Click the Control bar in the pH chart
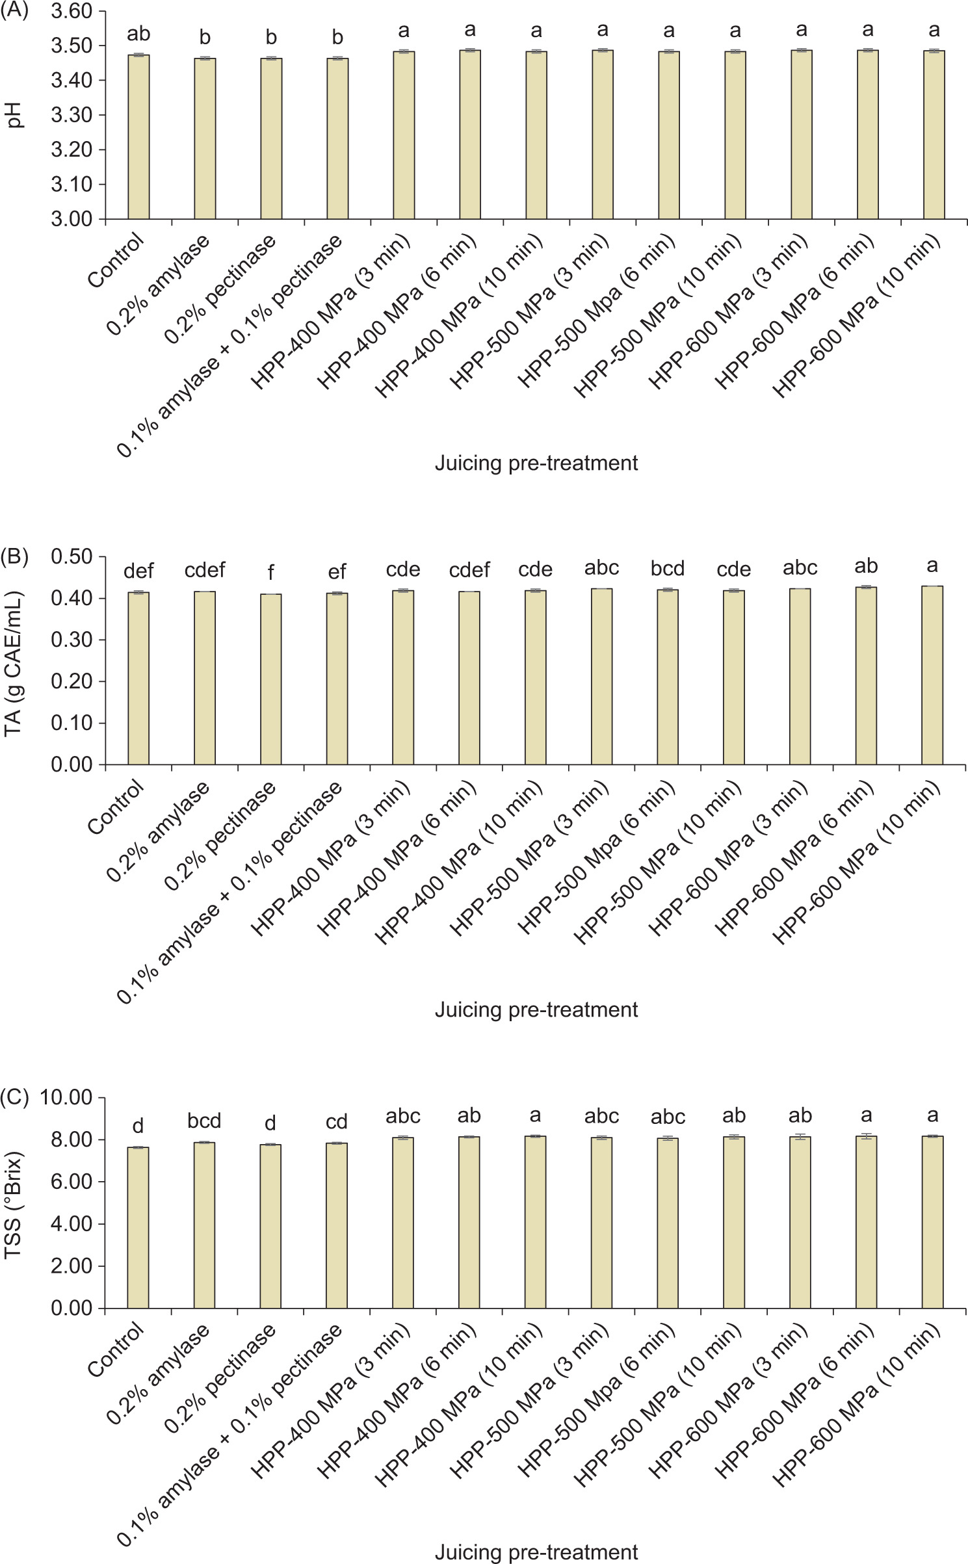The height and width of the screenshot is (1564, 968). point(138,137)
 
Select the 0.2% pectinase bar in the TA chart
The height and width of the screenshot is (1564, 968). point(271,679)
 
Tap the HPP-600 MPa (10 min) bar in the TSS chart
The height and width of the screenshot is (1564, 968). point(932,1222)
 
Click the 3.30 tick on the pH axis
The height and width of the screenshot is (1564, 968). point(72,115)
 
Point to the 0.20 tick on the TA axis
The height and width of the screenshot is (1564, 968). point(72,681)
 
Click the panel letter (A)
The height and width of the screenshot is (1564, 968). point(14,11)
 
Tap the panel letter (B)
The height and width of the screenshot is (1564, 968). point(14,557)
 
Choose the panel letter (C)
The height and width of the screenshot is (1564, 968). point(14,1098)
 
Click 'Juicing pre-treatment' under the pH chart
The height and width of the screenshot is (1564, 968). point(536,463)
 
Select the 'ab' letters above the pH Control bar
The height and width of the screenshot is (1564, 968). point(138,33)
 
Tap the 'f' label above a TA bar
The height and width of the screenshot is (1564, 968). point(271,572)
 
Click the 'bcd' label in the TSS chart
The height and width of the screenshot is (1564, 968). point(205,1121)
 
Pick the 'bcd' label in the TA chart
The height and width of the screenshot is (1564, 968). point(668,568)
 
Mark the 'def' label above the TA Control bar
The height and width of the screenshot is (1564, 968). point(138,571)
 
